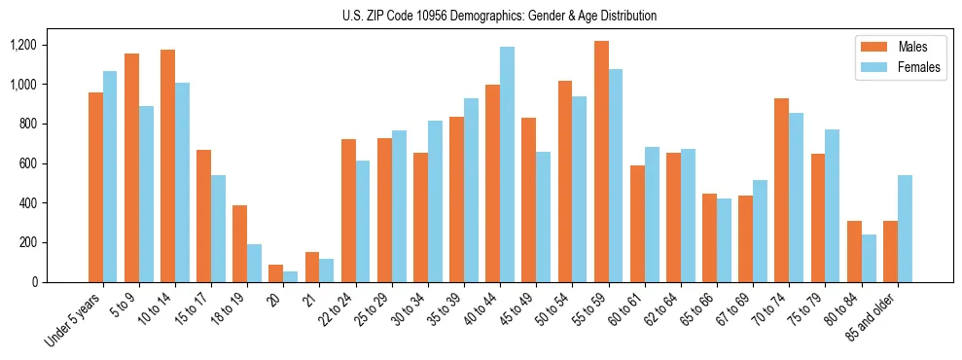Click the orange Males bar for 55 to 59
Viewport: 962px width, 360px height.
pos(602,162)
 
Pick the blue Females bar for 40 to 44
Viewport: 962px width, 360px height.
pos(507,164)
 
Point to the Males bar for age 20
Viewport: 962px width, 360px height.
pos(276,273)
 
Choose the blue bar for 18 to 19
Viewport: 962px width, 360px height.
pos(254,263)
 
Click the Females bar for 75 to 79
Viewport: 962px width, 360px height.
pos(832,205)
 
